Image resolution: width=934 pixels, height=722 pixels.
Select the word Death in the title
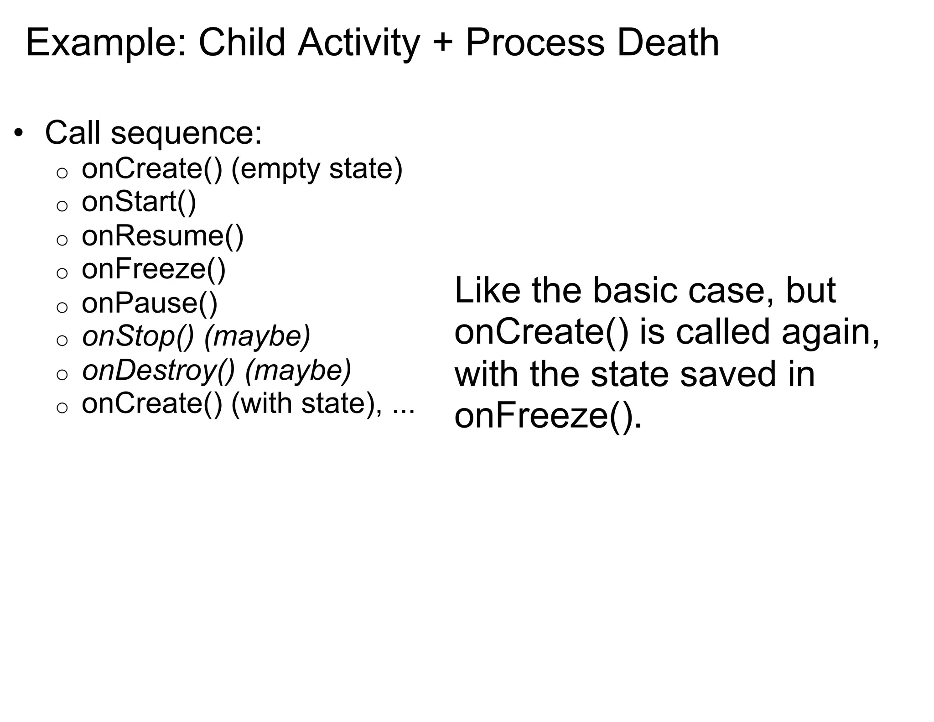tap(668, 43)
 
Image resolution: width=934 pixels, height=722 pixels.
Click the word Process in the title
tap(534, 43)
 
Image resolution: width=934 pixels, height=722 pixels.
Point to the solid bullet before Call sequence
tap(18, 134)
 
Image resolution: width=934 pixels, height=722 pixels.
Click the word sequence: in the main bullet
tap(187, 134)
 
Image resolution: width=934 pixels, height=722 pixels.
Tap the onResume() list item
tap(162, 236)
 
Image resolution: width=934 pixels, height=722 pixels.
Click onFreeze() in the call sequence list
tap(153, 269)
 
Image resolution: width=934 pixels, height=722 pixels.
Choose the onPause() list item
tap(149, 303)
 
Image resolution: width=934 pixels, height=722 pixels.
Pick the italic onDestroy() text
tap(158, 370)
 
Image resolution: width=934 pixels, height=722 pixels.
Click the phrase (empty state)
tap(317, 168)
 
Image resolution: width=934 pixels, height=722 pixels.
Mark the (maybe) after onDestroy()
tap(298, 370)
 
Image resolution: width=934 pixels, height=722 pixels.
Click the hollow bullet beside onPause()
tap(62, 307)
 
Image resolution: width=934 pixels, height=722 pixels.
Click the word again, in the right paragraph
tap(830, 332)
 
